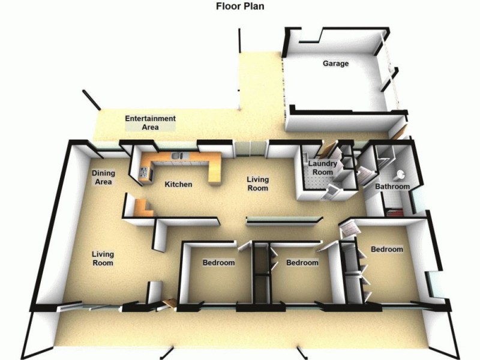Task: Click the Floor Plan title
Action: [240, 6]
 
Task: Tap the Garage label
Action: [335, 64]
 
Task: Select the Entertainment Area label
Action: [151, 122]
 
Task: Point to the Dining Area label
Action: [103, 178]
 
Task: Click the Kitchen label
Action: [178, 184]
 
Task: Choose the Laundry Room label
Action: [322, 168]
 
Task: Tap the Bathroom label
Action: [392, 187]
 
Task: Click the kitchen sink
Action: [177, 156]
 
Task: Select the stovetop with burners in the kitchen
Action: [144, 173]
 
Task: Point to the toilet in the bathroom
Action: [400, 175]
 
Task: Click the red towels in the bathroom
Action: [395, 212]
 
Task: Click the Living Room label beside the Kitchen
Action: [258, 184]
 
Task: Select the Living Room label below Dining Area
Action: [103, 259]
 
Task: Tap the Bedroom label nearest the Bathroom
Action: [387, 249]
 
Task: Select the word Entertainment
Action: [151, 118]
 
